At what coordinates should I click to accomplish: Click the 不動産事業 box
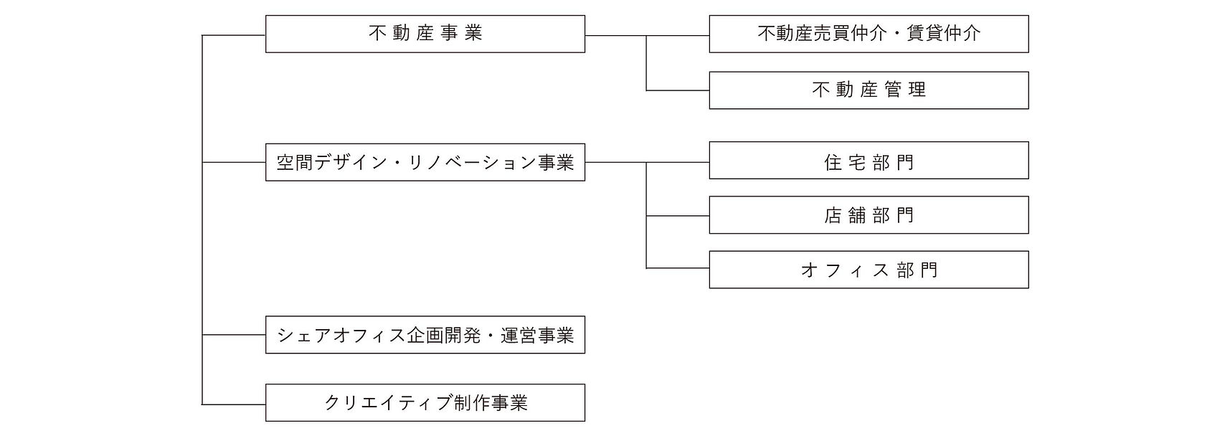[425, 34]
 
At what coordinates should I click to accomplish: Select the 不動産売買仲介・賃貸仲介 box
[869, 34]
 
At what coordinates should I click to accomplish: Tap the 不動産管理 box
[869, 90]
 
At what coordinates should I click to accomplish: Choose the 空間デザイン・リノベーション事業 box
[425, 162]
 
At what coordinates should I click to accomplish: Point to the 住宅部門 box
[869, 161]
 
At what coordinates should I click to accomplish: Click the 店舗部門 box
[869, 215]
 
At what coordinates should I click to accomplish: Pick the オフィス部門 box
[869, 270]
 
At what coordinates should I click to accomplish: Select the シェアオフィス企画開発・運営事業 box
[425, 335]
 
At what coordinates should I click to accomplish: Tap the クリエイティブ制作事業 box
[425, 403]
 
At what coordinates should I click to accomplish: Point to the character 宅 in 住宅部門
[856, 162]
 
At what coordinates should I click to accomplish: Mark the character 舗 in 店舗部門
[856, 215]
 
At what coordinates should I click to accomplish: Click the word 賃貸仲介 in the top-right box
[943, 34]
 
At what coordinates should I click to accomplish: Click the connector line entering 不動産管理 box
[678, 90]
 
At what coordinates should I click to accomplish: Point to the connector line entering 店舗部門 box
[678, 215]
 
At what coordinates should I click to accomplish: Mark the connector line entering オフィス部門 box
[678, 268]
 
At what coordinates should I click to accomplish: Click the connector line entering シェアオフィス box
[234, 335]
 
